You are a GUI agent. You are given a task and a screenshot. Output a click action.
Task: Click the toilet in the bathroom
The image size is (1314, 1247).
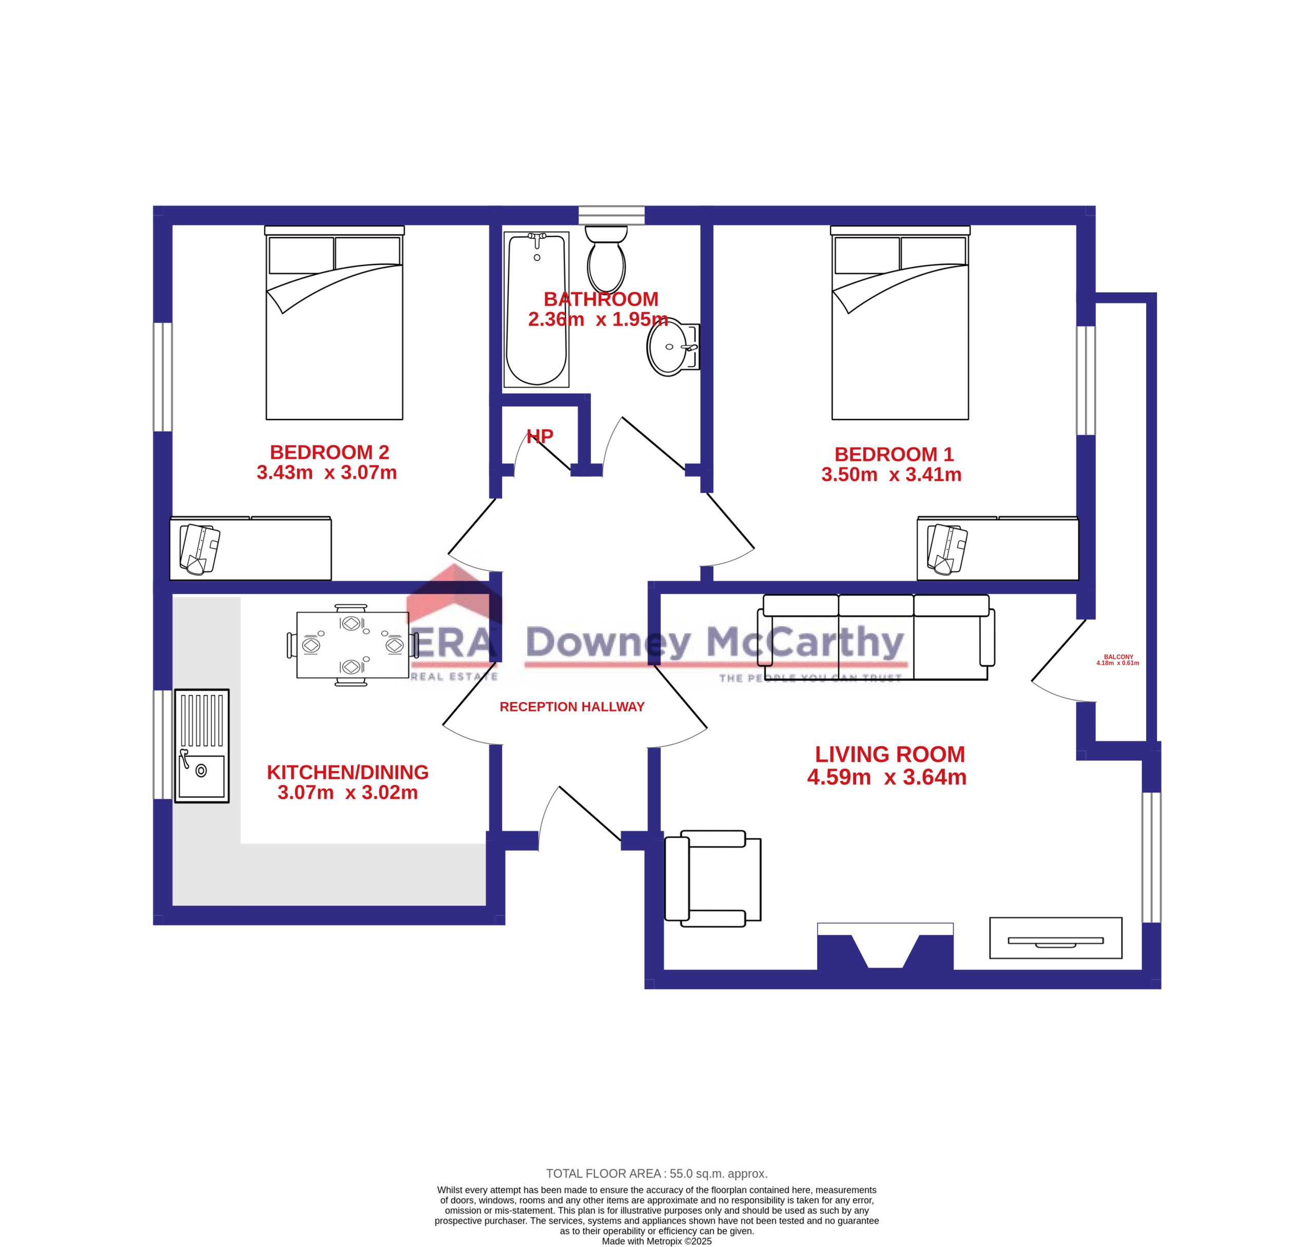click(606, 259)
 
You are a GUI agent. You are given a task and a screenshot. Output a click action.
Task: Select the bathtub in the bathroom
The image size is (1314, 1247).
click(536, 309)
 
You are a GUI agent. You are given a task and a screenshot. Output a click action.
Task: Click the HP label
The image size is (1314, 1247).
click(539, 436)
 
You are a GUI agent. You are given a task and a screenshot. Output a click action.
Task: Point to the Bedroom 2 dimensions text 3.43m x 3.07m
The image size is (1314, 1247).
click(327, 473)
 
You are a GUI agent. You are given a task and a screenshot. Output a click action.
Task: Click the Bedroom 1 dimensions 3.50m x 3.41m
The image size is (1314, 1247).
click(891, 474)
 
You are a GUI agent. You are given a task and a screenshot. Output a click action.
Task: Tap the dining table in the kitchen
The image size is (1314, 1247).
click(352, 645)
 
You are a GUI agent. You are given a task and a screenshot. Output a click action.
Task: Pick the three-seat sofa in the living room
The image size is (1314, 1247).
click(876, 637)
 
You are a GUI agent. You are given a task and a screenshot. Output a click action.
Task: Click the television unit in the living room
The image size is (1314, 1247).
click(1055, 938)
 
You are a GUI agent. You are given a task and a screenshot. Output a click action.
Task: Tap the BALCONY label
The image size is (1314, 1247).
click(1118, 657)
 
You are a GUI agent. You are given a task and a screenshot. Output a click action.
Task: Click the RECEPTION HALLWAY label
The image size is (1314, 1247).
click(572, 706)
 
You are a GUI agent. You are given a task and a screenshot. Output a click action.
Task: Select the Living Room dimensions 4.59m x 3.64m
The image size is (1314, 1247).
click(886, 777)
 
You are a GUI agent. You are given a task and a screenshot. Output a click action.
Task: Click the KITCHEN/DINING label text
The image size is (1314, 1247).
click(347, 773)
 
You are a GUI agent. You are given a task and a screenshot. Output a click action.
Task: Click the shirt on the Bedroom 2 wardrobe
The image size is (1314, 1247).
click(199, 549)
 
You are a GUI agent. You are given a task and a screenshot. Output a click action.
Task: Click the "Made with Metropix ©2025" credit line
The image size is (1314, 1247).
click(656, 1241)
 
